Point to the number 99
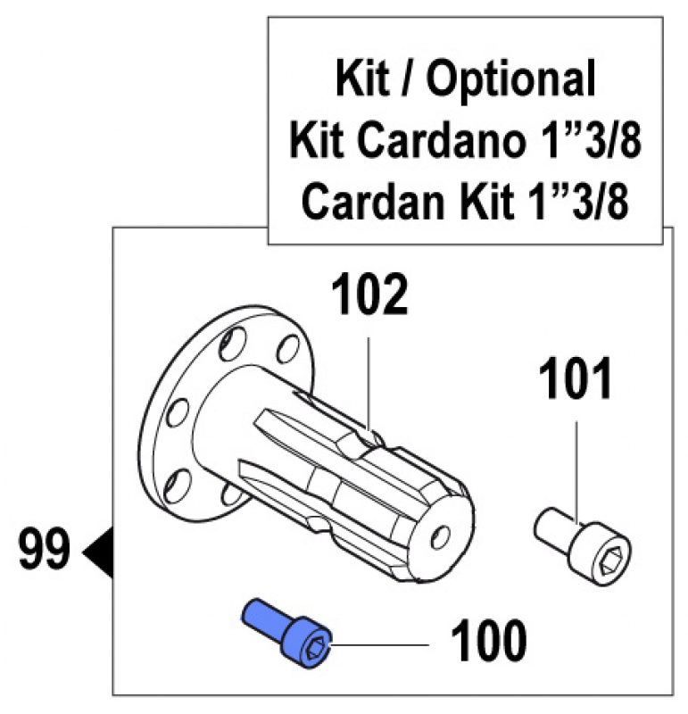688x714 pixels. (42, 550)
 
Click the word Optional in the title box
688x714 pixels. (510, 80)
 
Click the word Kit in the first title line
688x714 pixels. (361, 80)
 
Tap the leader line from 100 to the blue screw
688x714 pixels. (384, 642)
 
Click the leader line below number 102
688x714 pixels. (369, 375)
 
